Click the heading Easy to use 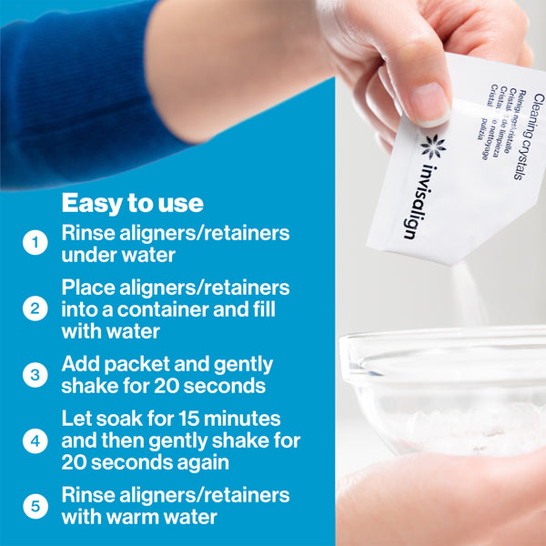(x=132, y=202)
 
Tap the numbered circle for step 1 (x=35, y=243)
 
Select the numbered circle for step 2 (x=35, y=308)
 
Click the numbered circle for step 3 (x=35, y=374)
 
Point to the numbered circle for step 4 (x=35, y=440)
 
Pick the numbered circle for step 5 (x=35, y=506)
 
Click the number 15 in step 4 (x=192, y=420)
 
